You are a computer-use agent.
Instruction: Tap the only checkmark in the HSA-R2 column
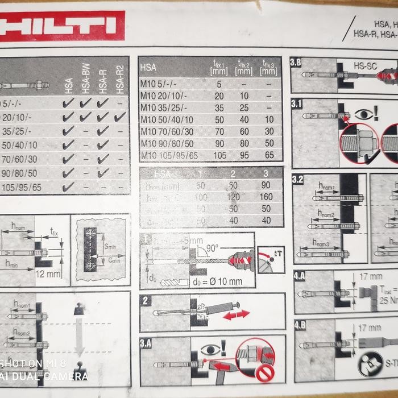tap(119, 117)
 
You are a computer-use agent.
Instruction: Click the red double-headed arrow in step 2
tap(235, 314)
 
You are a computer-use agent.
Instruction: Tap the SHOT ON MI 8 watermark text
tap(34, 364)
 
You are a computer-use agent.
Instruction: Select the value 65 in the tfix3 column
tap(269, 155)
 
